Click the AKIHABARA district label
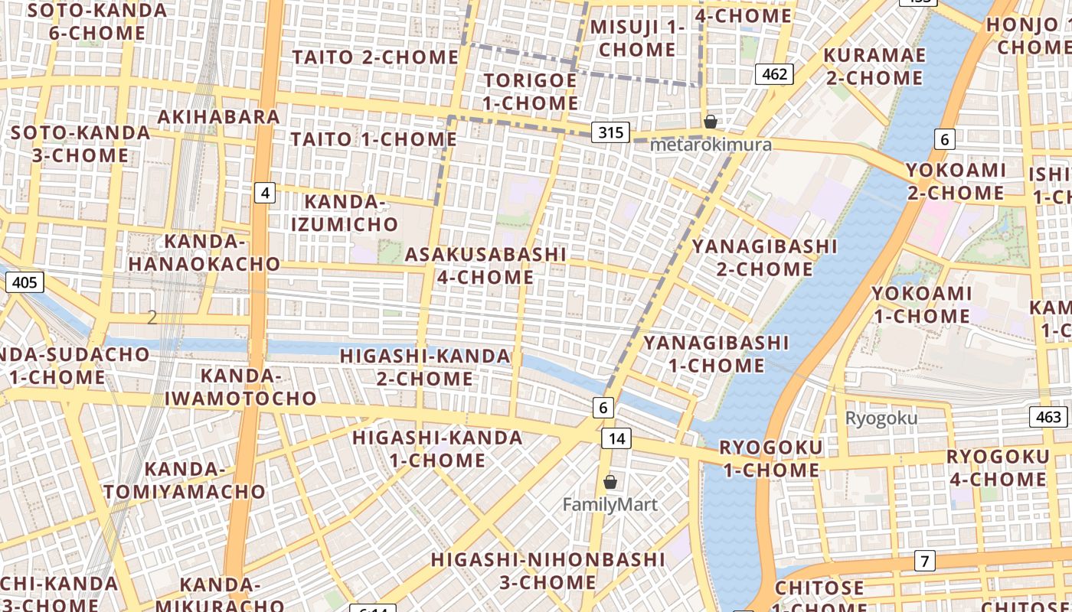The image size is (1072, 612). click(x=218, y=116)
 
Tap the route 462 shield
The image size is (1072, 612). click(x=774, y=74)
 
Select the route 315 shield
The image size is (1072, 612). click(x=610, y=132)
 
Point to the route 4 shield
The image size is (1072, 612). click(x=265, y=193)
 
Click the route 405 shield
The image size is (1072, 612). click(x=25, y=283)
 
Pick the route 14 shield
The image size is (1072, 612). click(x=616, y=438)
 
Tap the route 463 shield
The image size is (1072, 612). click(x=1047, y=417)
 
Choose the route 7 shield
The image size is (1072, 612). click(x=924, y=561)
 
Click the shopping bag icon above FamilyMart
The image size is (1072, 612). click(x=610, y=482)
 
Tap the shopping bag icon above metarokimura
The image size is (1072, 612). click(x=711, y=121)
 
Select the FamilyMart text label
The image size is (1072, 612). click(x=610, y=505)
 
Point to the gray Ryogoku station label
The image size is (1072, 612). click(x=881, y=418)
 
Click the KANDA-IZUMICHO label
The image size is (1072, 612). click(x=351, y=213)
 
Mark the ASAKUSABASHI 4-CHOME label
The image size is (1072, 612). click(x=485, y=265)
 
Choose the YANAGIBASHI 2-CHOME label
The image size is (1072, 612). click(x=764, y=258)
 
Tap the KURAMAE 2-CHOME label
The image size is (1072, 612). click(x=874, y=67)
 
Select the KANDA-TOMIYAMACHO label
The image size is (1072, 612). click(x=185, y=480)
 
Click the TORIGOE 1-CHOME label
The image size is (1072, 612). click(x=531, y=92)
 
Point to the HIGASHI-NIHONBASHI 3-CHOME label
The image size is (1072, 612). click(x=547, y=571)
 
